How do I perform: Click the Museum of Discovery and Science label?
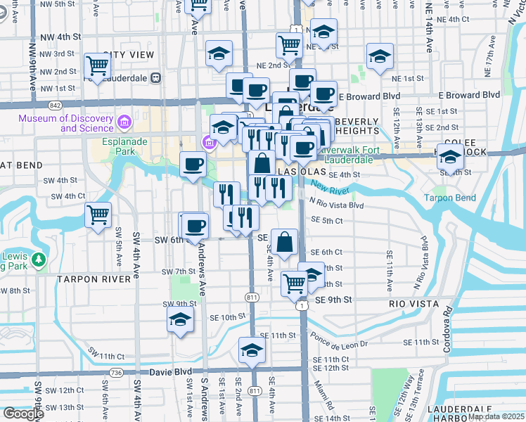point(68,124)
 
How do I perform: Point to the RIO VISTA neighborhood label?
point(414,304)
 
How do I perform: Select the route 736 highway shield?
point(117,371)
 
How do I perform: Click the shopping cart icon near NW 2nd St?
point(98,66)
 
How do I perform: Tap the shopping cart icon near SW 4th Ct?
point(98,215)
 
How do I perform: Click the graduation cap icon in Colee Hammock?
point(449,159)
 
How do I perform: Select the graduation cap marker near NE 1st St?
point(379,57)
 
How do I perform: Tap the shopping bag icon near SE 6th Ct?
point(286,242)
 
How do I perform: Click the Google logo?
point(23,414)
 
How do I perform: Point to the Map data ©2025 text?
point(496,416)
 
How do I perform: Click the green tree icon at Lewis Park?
point(39,261)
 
